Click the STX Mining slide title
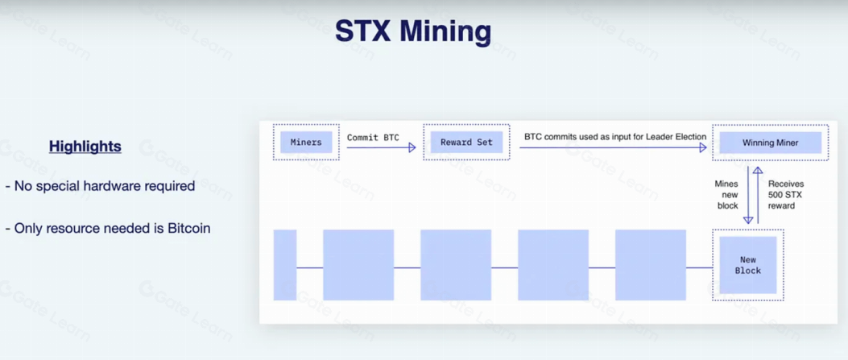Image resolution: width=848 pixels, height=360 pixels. click(x=413, y=32)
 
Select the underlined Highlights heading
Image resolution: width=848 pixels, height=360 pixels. click(x=85, y=147)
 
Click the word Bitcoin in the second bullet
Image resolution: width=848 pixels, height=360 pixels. click(x=188, y=228)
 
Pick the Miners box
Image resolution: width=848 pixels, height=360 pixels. click(x=306, y=143)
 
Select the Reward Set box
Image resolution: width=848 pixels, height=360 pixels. click(x=466, y=143)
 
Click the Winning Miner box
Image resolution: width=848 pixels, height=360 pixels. click(x=770, y=143)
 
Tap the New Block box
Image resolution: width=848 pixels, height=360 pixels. click(x=748, y=265)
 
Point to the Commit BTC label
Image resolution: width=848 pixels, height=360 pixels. click(x=373, y=137)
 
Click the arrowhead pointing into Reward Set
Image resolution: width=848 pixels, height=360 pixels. click(x=412, y=147)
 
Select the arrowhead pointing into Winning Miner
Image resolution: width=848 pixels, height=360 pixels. click(x=703, y=147)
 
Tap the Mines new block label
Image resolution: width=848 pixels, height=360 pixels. click(x=726, y=195)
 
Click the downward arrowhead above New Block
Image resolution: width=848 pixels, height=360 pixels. click(x=748, y=219)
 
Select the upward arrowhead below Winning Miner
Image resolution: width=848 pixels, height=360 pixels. click(x=758, y=170)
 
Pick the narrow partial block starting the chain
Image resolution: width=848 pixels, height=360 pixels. click(x=285, y=265)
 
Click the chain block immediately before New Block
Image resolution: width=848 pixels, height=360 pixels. click(x=651, y=265)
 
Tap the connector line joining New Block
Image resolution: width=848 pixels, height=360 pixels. click(x=699, y=267)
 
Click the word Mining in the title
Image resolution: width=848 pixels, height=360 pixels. click(x=445, y=32)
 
